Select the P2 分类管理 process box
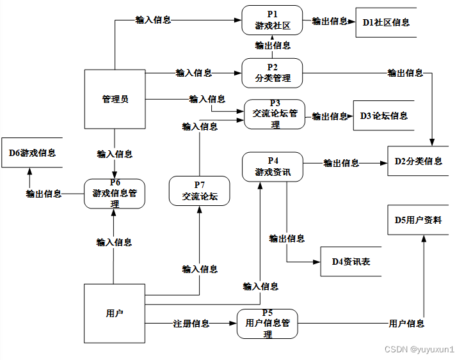271,73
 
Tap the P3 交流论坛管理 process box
275,114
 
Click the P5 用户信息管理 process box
267,324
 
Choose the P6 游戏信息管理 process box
115,193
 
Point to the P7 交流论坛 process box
199,191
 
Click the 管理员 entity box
115,99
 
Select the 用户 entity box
115,313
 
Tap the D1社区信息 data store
385,22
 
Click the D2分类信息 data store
419,161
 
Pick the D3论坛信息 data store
384,116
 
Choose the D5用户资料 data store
419,221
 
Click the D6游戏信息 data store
32,153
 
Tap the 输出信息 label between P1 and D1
330,21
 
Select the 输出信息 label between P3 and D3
330,116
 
